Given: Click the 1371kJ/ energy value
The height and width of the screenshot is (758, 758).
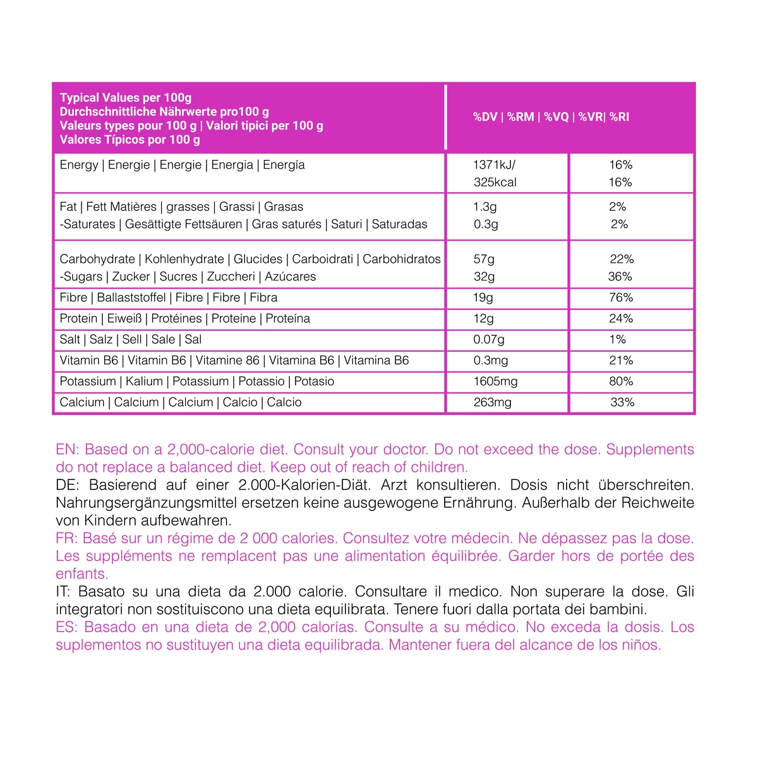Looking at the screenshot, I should point(494,165).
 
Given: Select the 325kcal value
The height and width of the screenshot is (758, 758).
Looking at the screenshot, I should point(495,183).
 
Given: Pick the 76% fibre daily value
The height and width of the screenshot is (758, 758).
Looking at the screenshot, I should point(621,298).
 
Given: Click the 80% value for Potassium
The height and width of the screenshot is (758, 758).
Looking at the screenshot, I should point(621,382).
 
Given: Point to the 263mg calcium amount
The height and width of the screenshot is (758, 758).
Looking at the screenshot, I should point(492,402).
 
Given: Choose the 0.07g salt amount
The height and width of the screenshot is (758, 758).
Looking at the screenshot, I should point(489,340).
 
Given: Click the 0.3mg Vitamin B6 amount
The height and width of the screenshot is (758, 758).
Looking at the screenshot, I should point(490,361).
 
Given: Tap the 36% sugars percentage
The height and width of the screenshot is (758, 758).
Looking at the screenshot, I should point(620,277).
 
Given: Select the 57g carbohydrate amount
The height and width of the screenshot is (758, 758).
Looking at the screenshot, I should point(484,259).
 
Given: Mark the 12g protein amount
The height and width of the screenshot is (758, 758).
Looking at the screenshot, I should point(483,319).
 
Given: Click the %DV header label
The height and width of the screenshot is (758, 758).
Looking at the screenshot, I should point(485,117).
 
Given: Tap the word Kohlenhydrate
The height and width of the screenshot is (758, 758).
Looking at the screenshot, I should point(184,259).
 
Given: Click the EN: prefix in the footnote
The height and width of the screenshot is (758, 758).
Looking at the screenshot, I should point(67,450).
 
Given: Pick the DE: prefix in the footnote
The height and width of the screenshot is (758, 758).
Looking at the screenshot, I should point(67,485).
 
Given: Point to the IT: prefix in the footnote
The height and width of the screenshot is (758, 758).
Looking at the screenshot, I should point(64,592).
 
